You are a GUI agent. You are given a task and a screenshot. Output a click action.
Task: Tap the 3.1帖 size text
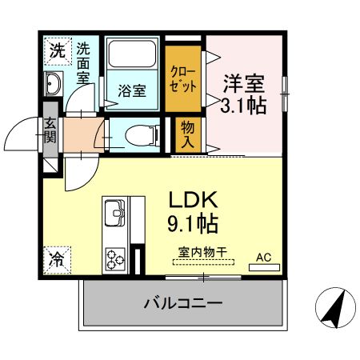244,104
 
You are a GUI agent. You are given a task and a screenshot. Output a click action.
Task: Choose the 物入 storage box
186,133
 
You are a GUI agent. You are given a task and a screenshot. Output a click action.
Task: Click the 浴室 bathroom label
132,90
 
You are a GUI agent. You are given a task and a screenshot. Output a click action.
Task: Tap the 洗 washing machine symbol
55,50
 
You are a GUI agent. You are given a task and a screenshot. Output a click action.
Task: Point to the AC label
263,258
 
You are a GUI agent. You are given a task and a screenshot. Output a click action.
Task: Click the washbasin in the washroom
54,84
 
